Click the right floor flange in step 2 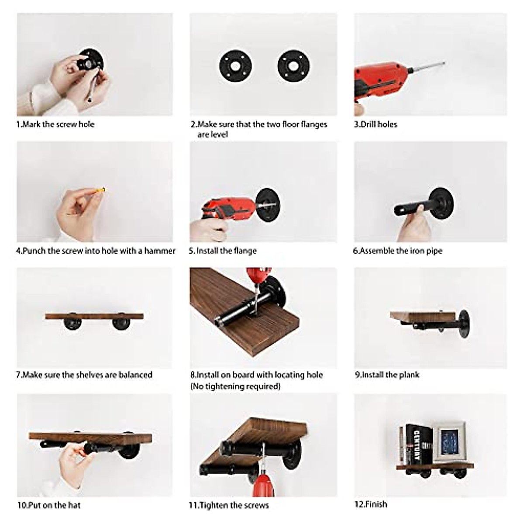[293, 65]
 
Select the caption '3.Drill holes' [376, 124]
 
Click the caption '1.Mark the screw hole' [55, 124]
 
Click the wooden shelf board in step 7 [94, 316]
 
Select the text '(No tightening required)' [235, 386]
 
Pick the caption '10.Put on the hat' [49, 505]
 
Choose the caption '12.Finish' [370, 504]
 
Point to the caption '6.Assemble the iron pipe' [397, 251]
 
